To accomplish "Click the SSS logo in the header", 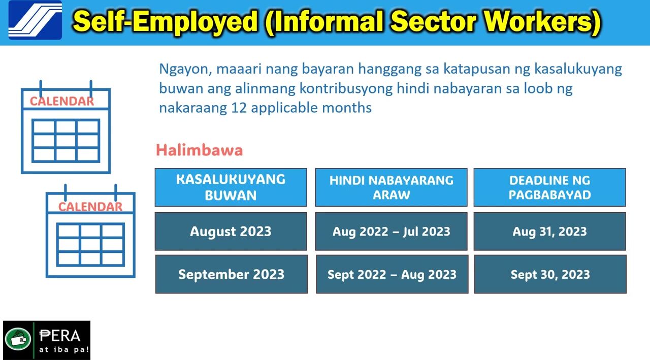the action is click(x=35, y=20).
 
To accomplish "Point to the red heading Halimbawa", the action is click(x=200, y=150).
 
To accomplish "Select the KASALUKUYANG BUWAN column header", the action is click(x=231, y=187).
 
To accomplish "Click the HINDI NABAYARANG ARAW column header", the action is click(x=391, y=187).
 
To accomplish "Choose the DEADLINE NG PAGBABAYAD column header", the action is click(x=549, y=187).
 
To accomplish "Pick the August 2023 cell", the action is click(x=231, y=231).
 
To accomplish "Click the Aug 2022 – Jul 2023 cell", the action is click(x=391, y=231).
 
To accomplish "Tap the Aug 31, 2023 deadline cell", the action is click(x=549, y=231).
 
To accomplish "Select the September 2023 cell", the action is click(x=231, y=274).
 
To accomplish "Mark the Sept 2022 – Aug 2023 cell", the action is click(x=392, y=274).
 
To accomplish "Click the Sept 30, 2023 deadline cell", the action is click(x=550, y=274).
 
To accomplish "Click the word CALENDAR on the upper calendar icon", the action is click(x=62, y=101).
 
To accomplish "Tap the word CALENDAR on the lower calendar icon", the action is click(x=90, y=207).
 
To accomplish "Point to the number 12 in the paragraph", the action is click(x=239, y=108).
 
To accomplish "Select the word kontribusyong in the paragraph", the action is click(x=346, y=89).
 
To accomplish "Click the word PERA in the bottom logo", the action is click(x=59, y=336).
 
